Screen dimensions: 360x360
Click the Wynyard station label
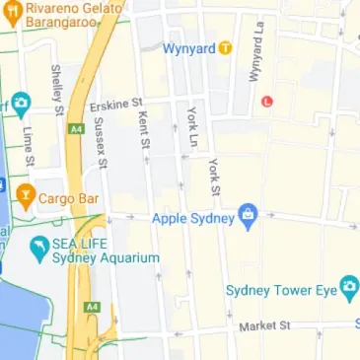(x=189, y=46)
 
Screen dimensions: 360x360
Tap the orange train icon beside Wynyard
(x=225, y=46)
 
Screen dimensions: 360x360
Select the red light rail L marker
(x=266, y=101)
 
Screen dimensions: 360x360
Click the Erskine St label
(x=115, y=103)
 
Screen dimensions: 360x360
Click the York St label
(x=214, y=178)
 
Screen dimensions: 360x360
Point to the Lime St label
(x=29, y=146)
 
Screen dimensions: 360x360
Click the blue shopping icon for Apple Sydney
(x=248, y=217)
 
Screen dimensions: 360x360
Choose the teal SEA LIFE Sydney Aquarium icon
(x=38, y=250)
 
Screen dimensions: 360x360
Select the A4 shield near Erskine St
(x=77, y=127)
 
